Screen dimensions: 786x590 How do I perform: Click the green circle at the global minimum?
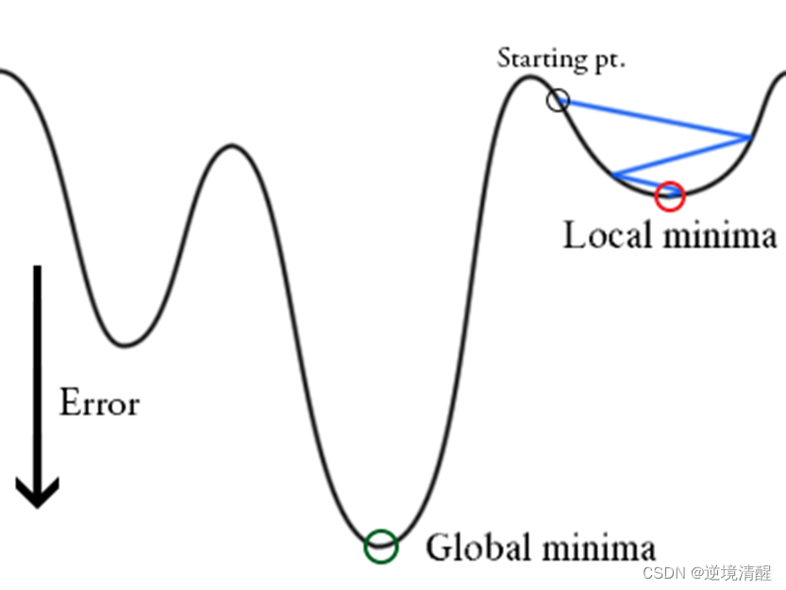pyautogui.click(x=381, y=546)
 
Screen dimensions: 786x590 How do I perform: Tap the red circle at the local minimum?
pyautogui.click(x=669, y=195)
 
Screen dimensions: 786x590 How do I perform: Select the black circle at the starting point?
pyautogui.click(x=559, y=99)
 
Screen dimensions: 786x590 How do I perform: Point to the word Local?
pyautogui.click(x=608, y=234)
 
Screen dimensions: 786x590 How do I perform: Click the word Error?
pyautogui.click(x=99, y=403)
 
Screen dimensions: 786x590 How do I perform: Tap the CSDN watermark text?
pyautogui.click(x=661, y=573)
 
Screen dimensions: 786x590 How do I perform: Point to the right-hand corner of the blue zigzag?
pyautogui.click(x=749, y=138)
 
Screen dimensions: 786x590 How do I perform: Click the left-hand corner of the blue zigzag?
pyautogui.click(x=613, y=175)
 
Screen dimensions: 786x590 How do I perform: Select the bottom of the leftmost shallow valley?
pyautogui.click(x=124, y=345)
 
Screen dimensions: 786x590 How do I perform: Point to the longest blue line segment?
pyautogui.click(x=654, y=119)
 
